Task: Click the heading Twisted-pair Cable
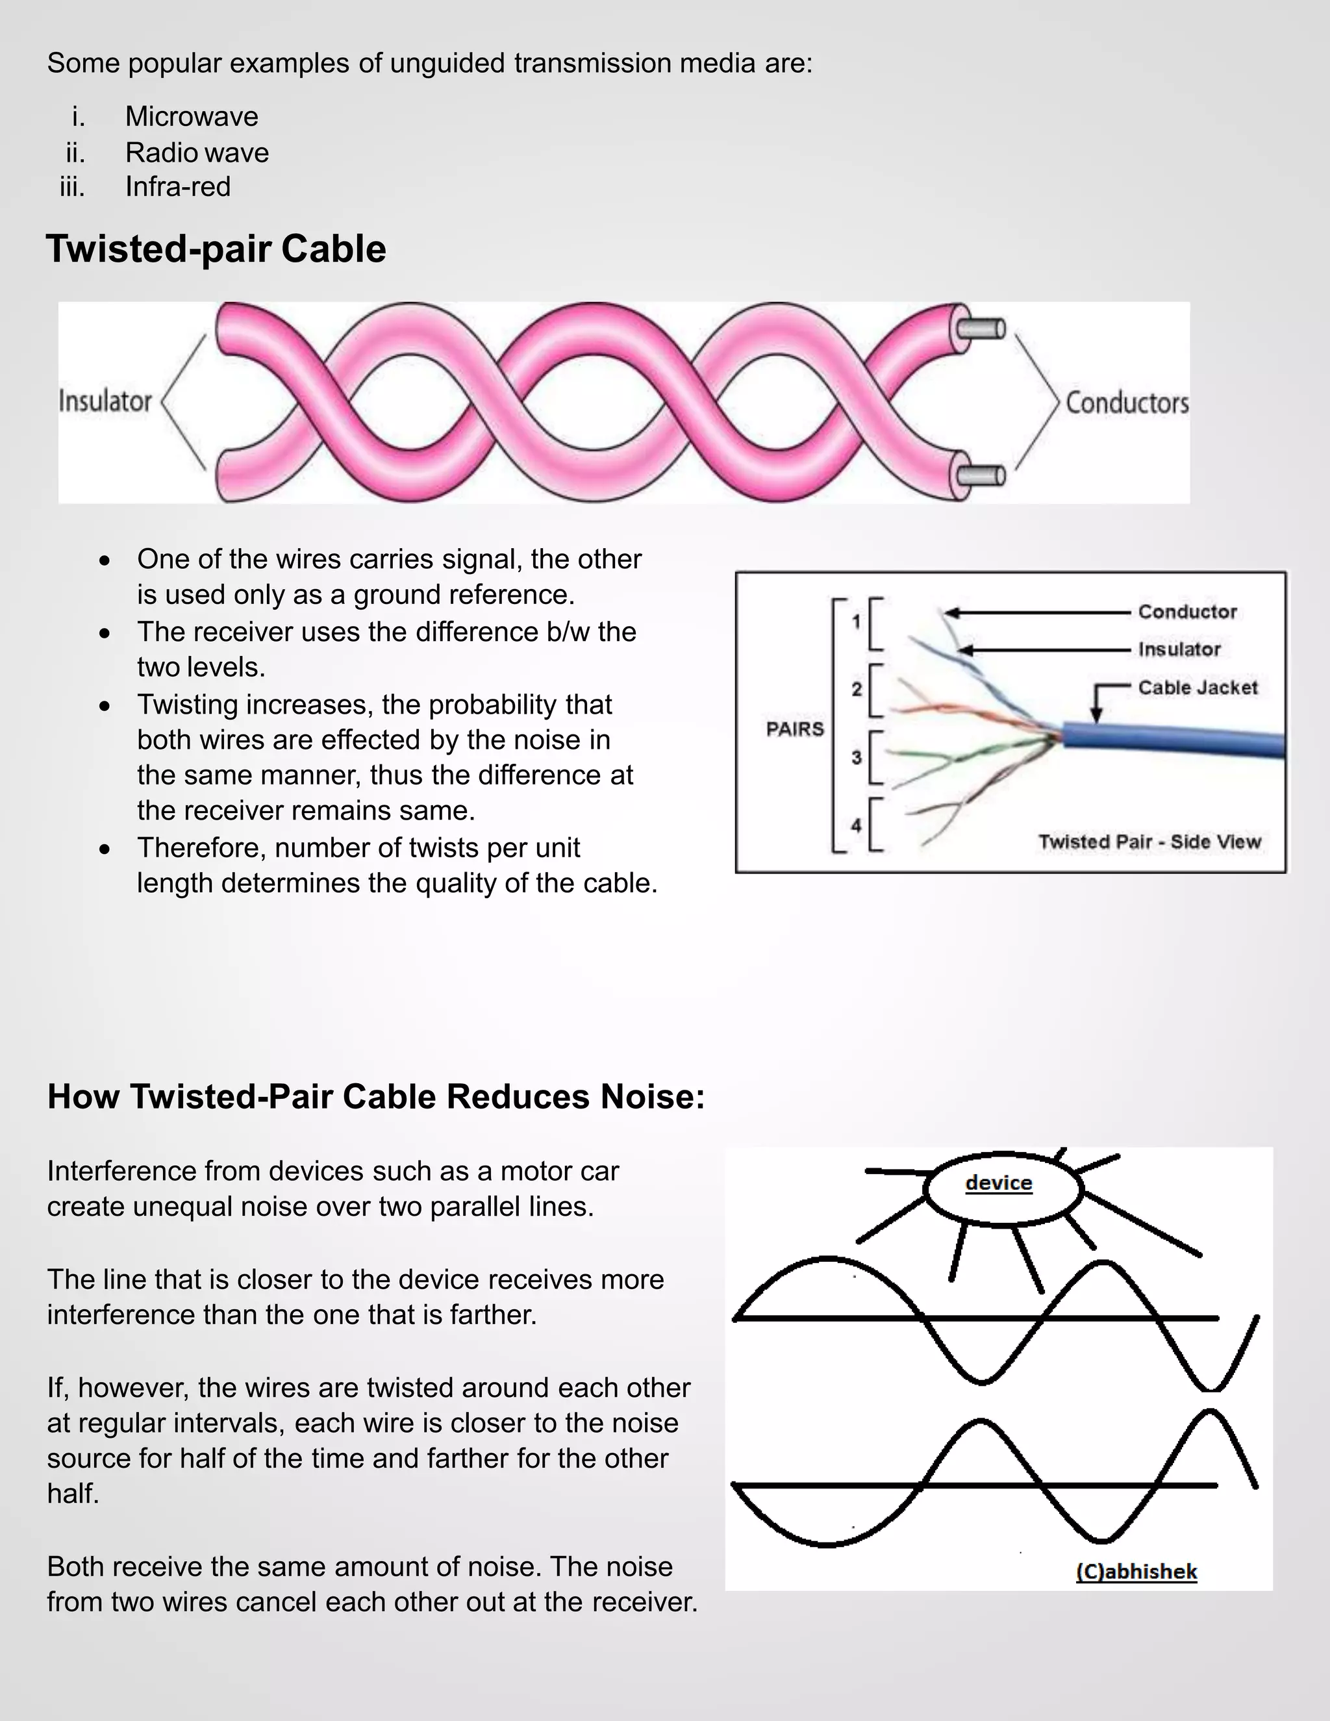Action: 216,249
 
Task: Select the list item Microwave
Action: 192,117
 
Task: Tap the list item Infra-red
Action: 178,187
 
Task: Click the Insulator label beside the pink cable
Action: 105,401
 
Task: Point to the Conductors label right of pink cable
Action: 1127,403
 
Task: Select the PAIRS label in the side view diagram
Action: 795,729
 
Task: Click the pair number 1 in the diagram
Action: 857,622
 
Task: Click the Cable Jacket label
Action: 1198,688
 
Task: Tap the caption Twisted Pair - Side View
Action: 1149,842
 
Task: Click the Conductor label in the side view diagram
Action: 1187,612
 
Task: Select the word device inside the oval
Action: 998,1183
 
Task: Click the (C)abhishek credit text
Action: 1136,1571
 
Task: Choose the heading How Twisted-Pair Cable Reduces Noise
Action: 376,1096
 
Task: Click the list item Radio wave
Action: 197,152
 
